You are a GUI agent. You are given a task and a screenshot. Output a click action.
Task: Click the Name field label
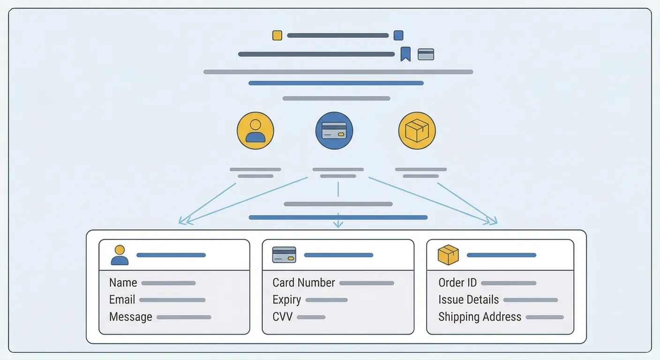tap(123, 283)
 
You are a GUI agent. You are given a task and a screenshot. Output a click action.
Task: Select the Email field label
tap(122, 300)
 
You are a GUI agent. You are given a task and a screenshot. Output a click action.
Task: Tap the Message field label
tap(130, 317)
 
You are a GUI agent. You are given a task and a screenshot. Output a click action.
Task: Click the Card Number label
tap(303, 283)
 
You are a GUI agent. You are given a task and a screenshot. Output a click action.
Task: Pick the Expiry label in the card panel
tap(286, 300)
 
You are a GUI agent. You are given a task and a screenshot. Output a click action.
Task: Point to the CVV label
tap(282, 317)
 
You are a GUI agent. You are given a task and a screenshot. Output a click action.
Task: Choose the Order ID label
tap(457, 283)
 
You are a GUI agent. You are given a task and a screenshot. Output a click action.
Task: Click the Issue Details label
tap(468, 300)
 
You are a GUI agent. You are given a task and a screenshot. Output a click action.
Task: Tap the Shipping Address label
tap(480, 317)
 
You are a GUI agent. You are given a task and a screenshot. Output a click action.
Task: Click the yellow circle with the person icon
tap(255, 130)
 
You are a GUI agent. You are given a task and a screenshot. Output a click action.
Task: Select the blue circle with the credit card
tap(334, 130)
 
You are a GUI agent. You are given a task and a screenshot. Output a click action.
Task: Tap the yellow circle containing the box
tap(417, 130)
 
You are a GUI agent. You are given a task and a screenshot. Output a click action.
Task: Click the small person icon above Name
tap(120, 255)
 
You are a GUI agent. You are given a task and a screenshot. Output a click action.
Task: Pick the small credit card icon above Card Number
tap(284, 255)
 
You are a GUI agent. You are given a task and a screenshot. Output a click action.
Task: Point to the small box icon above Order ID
tap(448, 255)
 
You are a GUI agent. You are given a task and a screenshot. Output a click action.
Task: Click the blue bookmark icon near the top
tap(405, 54)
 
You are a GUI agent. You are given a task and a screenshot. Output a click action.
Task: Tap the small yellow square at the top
tap(277, 35)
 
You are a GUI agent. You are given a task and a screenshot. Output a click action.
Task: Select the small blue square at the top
tap(398, 35)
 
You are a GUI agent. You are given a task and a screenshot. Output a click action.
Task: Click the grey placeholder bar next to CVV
tap(311, 317)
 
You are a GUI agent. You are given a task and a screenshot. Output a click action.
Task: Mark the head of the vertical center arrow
tap(338, 225)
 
